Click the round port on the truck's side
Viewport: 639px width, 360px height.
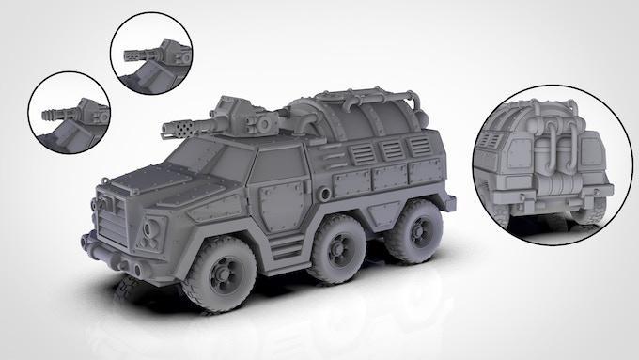click(x=324, y=195)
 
